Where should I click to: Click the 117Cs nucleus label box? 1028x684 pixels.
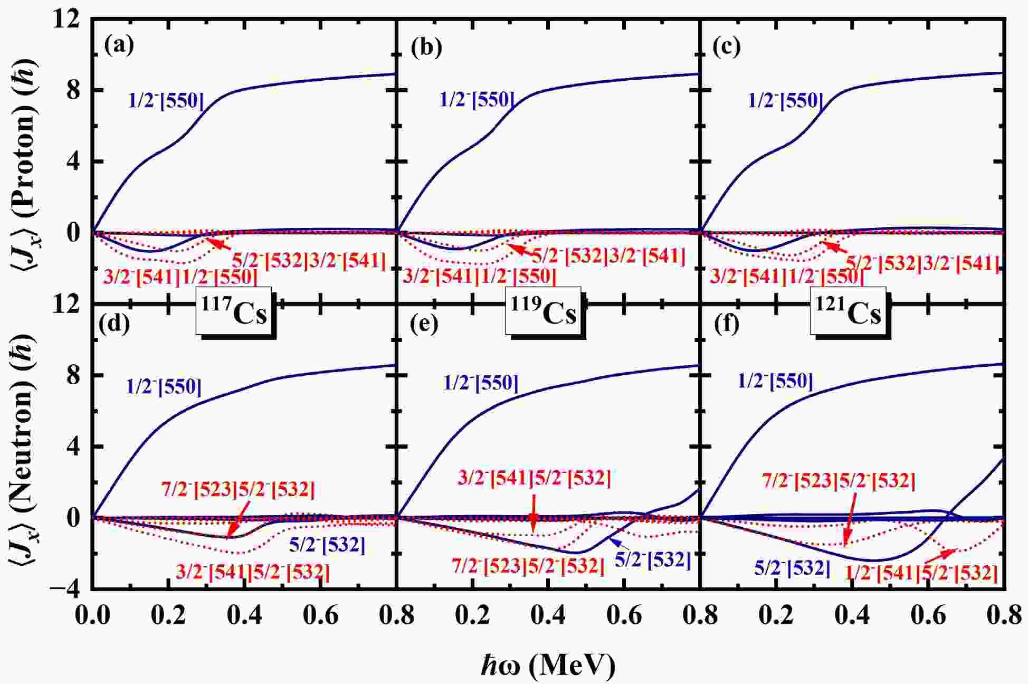[234, 311]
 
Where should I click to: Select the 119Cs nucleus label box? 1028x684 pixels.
[543, 311]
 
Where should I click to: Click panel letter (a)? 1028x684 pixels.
[119, 45]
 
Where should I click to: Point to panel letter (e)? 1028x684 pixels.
[424, 325]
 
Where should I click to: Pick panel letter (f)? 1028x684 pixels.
[727, 325]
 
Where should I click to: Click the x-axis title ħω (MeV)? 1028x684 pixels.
[548, 666]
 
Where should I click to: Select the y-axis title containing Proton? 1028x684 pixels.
[23, 161]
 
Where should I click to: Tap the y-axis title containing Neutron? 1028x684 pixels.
[23, 446]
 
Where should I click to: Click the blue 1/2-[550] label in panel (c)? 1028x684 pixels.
[786, 100]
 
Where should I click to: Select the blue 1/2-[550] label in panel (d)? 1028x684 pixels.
[164, 387]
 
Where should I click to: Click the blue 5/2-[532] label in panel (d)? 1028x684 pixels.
[327, 545]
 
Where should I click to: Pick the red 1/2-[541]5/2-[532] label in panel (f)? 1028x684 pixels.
[921, 573]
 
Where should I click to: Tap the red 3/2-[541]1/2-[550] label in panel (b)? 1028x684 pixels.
[479, 276]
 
